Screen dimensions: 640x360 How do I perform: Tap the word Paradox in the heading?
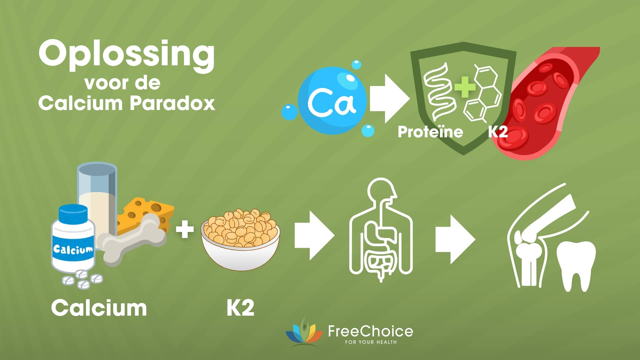pos(172,103)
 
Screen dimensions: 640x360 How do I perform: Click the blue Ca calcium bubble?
pos(332,100)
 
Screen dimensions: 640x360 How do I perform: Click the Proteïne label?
pos(430,132)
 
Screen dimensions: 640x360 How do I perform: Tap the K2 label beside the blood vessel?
pos(498,132)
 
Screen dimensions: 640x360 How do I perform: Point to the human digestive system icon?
pos(381,230)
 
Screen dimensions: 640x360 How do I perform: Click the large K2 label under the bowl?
pos(240,308)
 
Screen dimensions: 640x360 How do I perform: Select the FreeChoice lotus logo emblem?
pos(304,333)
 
